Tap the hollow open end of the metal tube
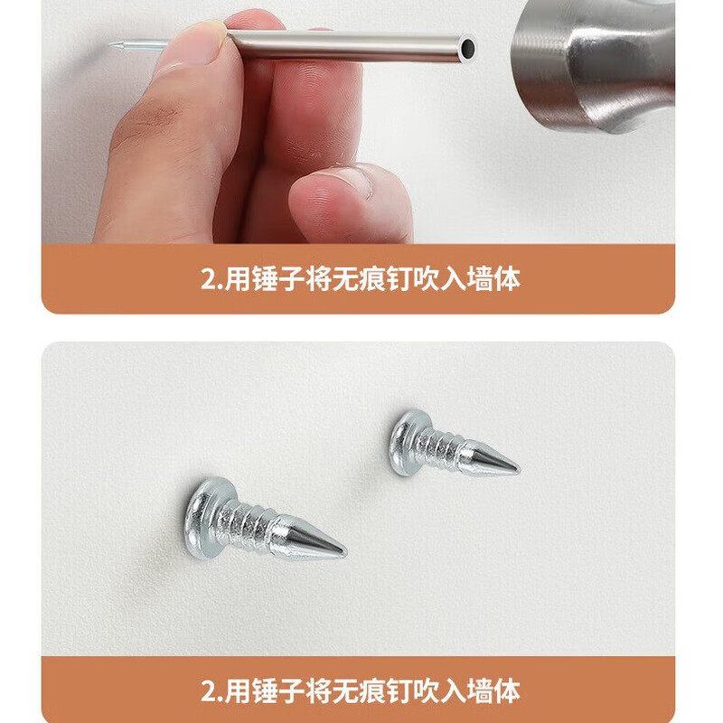[466, 45]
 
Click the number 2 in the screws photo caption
[206, 692]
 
